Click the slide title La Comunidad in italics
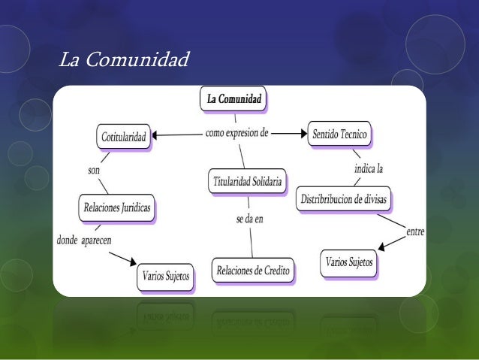click(x=124, y=59)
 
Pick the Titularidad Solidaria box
click(x=247, y=180)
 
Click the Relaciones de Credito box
click(x=253, y=269)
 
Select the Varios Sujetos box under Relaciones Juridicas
click(x=166, y=277)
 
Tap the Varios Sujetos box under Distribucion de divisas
click(x=348, y=263)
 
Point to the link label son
click(x=94, y=171)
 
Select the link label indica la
click(x=369, y=169)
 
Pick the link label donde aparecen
click(x=83, y=241)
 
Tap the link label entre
click(x=415, y=232)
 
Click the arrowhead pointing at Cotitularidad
click(x=155, y=135)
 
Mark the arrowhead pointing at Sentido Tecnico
click(x=302, y=135)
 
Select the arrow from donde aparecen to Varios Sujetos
click(x=123, y=258)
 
